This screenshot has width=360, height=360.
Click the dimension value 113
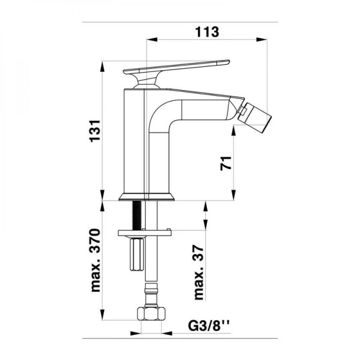[207, 32]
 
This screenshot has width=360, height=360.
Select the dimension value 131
[95, 131]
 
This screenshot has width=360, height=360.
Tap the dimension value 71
[226, 163]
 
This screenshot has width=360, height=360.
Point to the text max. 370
[95, 260]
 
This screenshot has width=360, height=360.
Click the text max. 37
[199, 273]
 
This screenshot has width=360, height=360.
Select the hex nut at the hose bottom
[151, 313]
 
